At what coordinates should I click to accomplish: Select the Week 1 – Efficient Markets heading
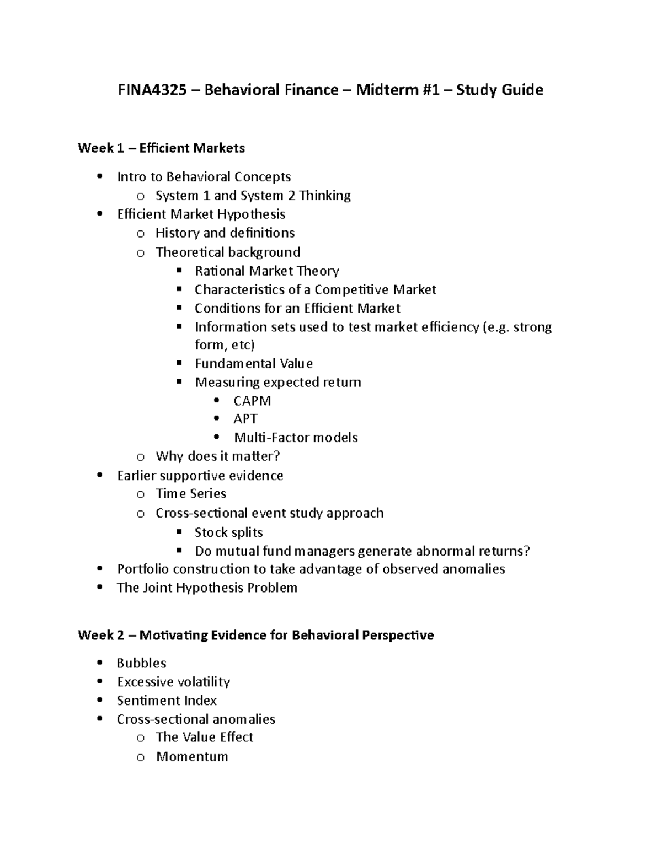pos(161,148)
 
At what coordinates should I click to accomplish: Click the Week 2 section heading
pos(255,635)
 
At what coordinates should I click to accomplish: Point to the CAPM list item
pos(252,401)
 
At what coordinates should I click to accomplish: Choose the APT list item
pos(245,419)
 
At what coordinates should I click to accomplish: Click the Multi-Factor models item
pos(296,438)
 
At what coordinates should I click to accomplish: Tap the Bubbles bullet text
pos(141,663)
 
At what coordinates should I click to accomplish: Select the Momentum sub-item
pos(192,756)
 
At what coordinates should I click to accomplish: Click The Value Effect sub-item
pos(204,737)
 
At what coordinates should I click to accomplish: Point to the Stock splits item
pos(228,532)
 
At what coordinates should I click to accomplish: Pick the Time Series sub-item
pos(191,494)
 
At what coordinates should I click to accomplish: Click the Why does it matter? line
pos(218,456)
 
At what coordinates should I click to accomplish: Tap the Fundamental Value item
pos(254,364)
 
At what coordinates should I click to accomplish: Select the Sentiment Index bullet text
pos(167,701)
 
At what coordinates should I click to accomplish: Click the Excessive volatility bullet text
pos(173,682)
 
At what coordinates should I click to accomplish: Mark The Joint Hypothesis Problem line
pos(207,588)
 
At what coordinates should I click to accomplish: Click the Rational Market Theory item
pos(267,271)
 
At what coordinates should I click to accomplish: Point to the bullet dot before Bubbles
pos(99,663)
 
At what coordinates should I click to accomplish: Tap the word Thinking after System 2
pos(325,196)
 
